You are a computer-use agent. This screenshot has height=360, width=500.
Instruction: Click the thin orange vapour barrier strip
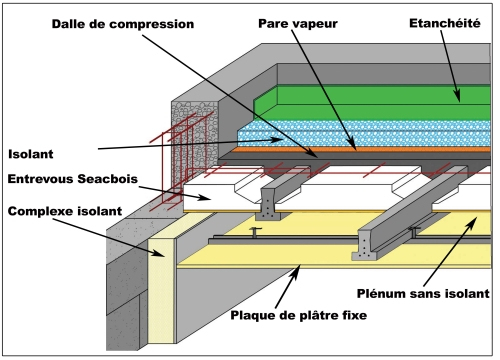(300, 152)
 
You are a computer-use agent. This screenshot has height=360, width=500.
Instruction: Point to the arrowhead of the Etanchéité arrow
(460, 101)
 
